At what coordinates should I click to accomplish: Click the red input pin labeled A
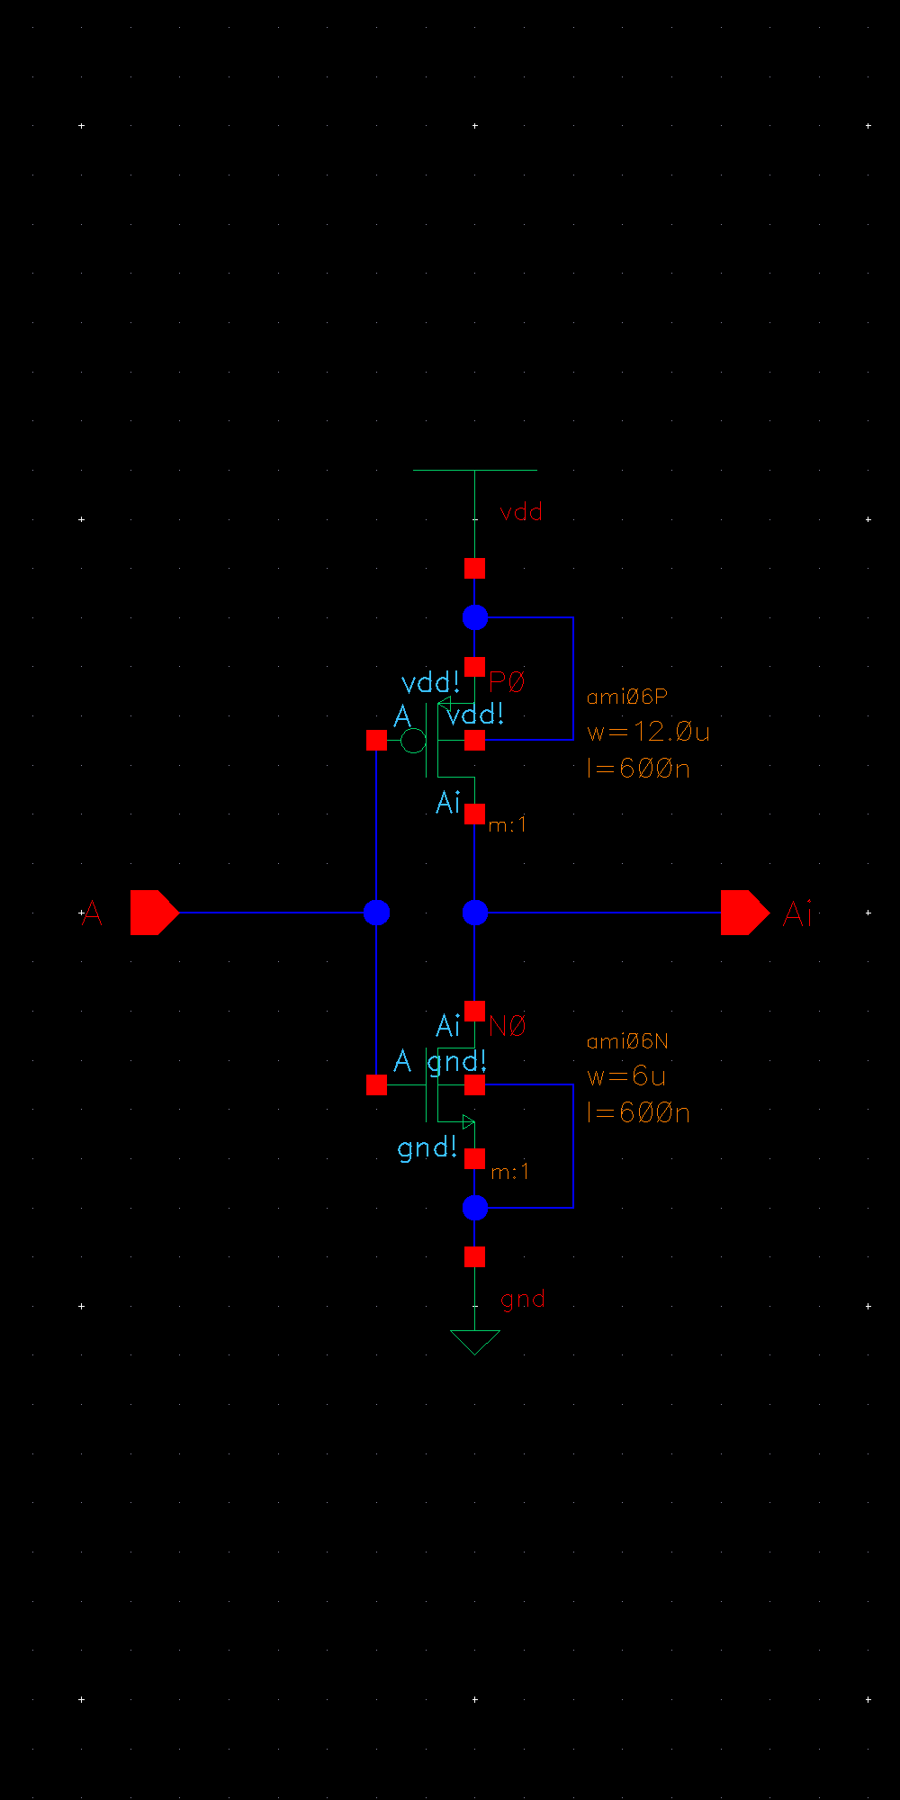point(154,913)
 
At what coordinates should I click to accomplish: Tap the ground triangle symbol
point(474,1341)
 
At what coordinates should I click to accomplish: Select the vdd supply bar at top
point(474,470)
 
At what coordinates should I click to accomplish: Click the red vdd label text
point(521,512)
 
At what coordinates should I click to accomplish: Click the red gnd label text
point(522,1300)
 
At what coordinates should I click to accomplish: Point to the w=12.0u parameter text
point(648,732)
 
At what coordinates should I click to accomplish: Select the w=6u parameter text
point(626,1076)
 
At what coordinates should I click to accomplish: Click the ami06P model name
point(626,697)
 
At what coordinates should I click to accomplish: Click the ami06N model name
point(627,1041)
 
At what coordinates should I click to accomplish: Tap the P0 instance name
point(507,683)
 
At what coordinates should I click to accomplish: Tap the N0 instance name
point(508,1026)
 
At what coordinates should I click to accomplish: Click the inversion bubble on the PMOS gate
point(413,741)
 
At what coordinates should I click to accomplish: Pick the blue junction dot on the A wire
point(376,913)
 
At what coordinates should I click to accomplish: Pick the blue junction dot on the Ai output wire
point(474,913)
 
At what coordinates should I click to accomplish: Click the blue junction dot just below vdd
point(474,617)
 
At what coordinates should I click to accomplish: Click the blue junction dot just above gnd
point(474,1208)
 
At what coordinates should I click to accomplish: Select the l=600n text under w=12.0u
point(638,769)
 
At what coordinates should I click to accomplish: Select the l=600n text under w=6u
point(638,1113)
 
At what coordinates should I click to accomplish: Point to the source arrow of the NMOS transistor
point(466,1121)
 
